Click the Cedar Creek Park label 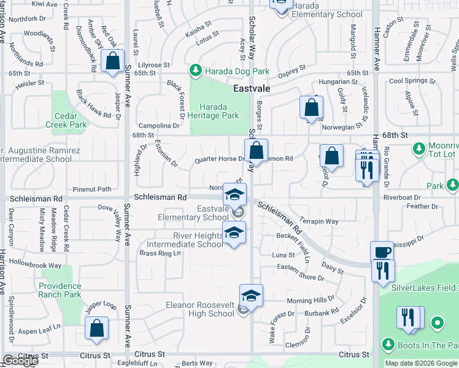(66, 120)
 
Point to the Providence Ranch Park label (60, 290)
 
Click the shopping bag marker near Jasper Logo (97, 328)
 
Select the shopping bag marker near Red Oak (113, 61)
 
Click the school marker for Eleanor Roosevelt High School (251, 296)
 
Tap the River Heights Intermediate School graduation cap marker (233, 233)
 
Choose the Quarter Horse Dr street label (219, 159)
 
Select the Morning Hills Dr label (310, 301)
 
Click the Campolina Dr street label (158, 125)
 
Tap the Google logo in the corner (20, 361)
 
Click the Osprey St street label (292, 70)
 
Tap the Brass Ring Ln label (160, 253)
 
